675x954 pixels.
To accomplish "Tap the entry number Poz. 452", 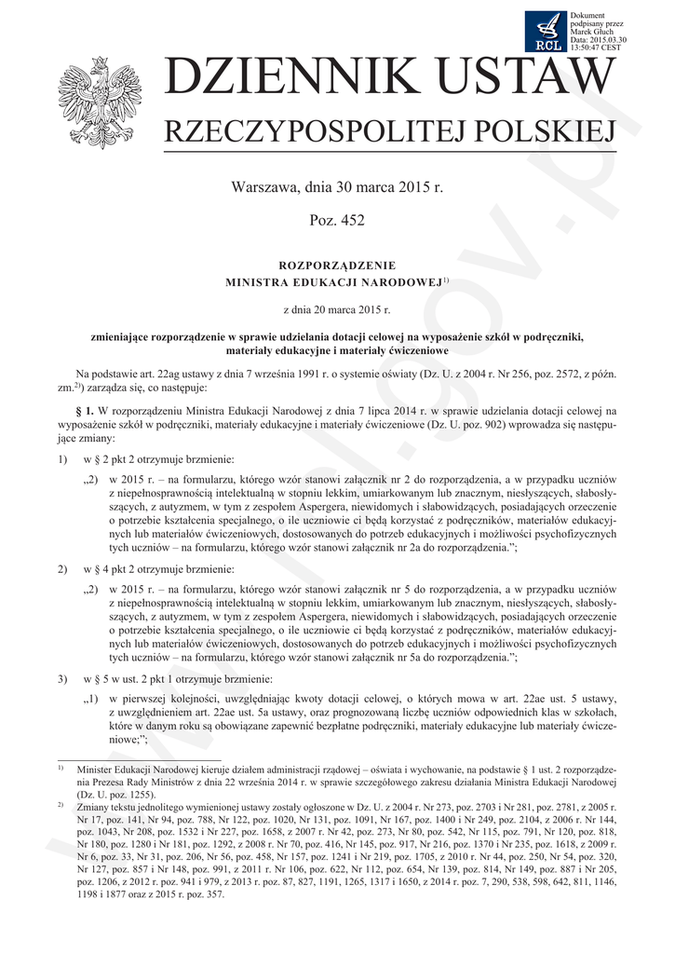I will click(336, 221).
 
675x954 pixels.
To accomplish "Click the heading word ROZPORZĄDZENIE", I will click(336, 265).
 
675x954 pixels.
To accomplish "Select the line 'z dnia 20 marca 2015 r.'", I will click(336, 307).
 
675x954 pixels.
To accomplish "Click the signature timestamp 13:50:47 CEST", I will click(597, 47).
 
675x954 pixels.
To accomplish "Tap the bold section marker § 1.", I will click(84, 410).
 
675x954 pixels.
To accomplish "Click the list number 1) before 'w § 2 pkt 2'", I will click(62, 460).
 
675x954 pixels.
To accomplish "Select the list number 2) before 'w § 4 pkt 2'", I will click(62, 568).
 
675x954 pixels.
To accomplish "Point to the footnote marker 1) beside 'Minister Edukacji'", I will click(61, 769).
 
